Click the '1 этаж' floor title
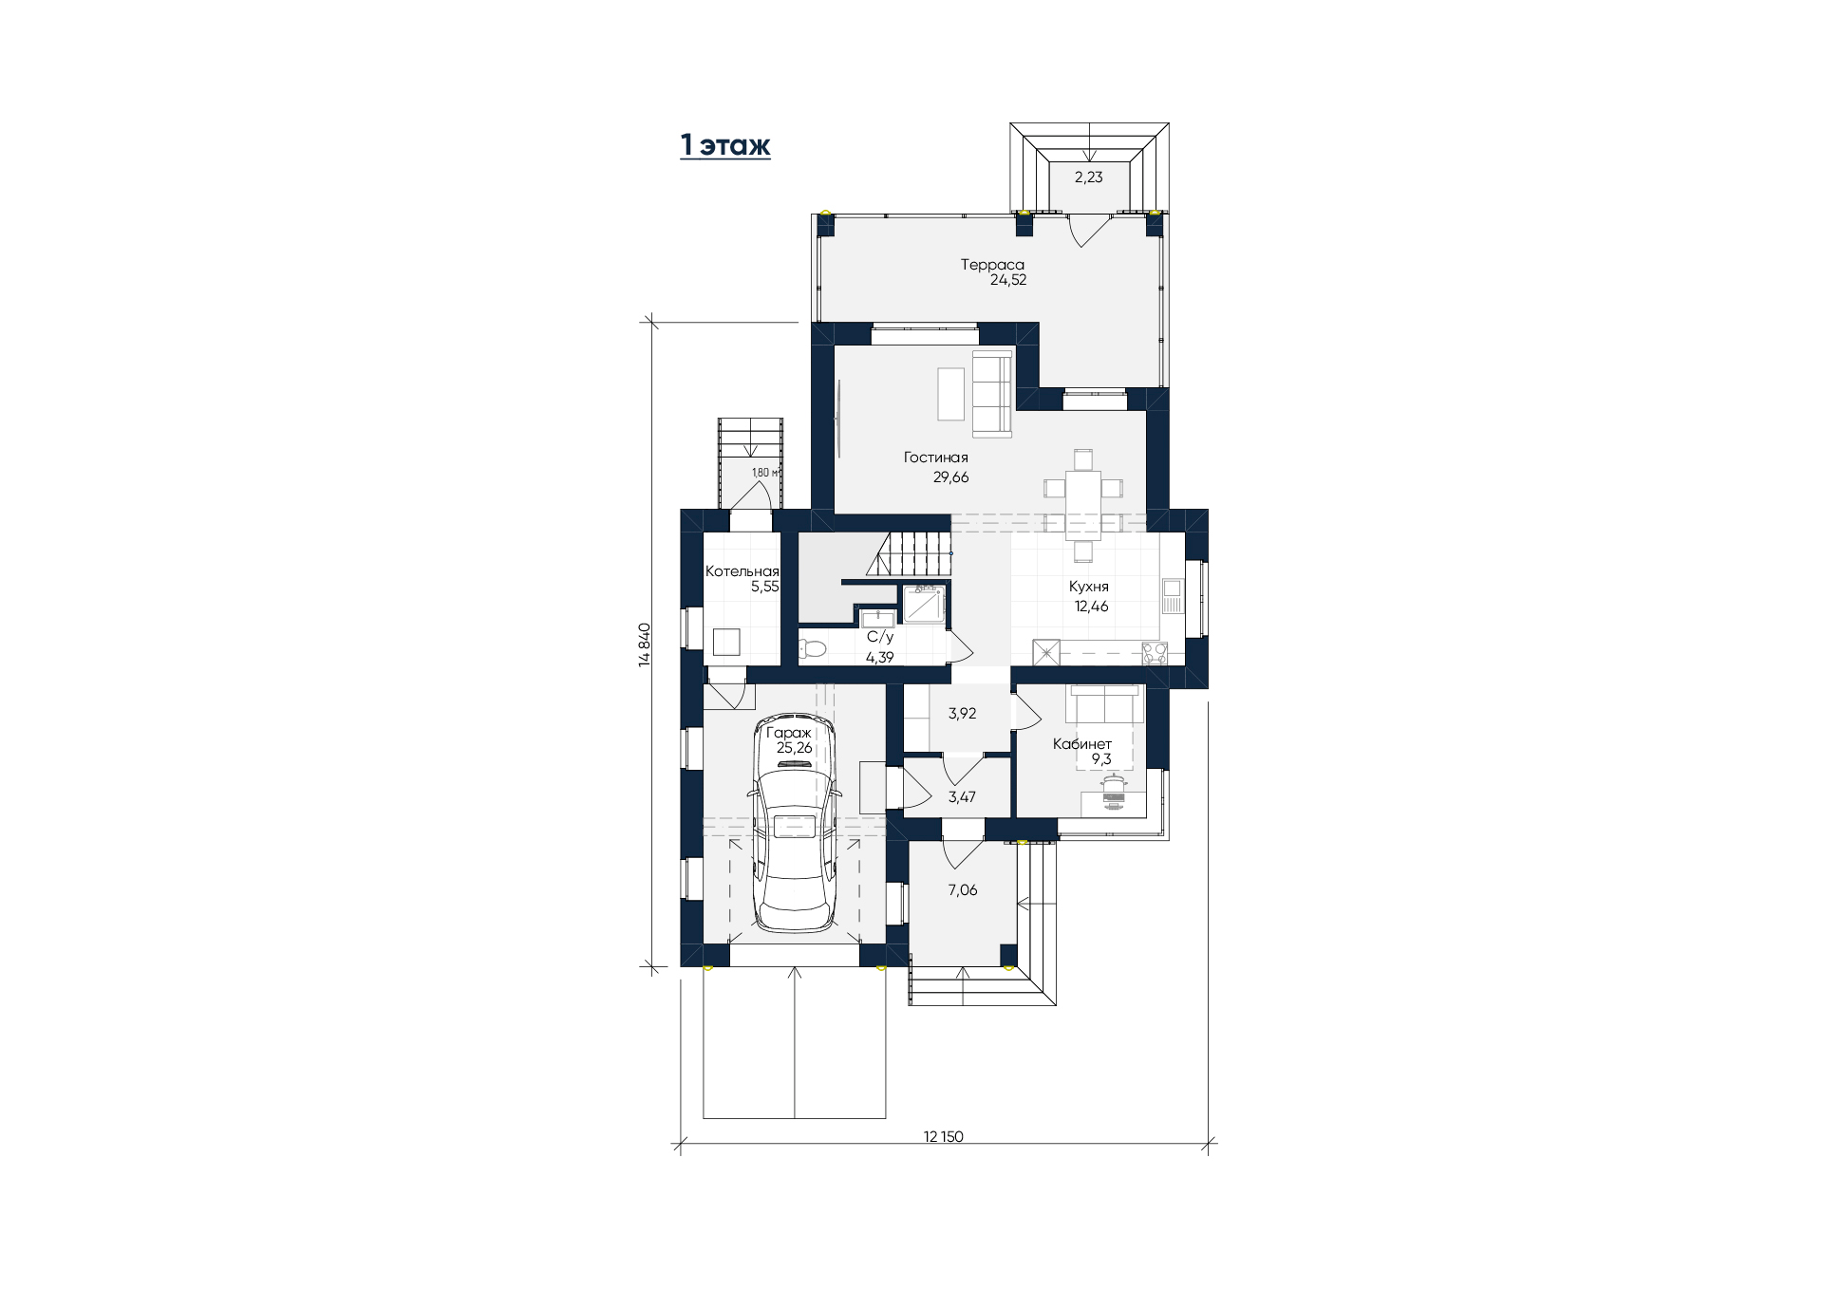pos(725,145)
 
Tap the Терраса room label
pos(992,265)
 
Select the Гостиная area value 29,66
pos(950,477)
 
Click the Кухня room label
pos(1088,587)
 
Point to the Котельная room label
pos(742,571)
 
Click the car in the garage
pos(795,822)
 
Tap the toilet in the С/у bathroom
pos(813,649)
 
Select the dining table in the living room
pos(1082,506)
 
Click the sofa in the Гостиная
pos(993,394)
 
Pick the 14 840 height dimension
pos(645,644)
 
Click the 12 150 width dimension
pos(943,1136)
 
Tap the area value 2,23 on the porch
pos(1088,177)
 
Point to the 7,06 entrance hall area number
pos(962,890)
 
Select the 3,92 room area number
pos(962,714)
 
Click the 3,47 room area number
pos(962,797)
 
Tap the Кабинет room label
pos(1081,744)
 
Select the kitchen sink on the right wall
pos(1173,595)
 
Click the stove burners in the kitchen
pos(1155,653)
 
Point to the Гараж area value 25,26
pos(794,748)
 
